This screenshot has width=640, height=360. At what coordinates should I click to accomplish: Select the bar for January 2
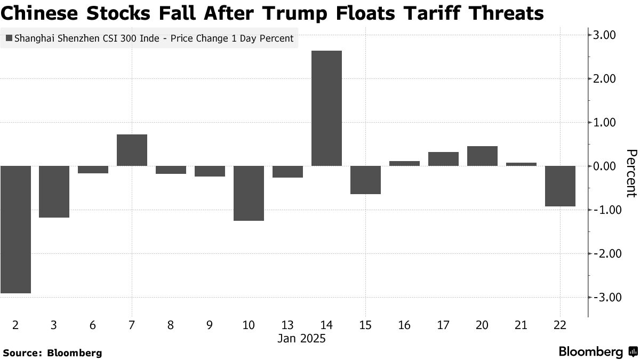15,229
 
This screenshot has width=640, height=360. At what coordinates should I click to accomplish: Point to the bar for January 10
249,193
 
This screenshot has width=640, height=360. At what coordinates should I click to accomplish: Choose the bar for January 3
54,191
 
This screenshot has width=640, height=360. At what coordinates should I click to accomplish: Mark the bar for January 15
365,180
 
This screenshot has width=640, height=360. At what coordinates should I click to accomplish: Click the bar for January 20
482,156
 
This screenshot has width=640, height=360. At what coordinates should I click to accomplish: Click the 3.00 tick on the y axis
605,35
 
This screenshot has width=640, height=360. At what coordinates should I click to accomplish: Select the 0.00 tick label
605,166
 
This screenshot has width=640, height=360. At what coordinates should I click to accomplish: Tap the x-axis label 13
287,325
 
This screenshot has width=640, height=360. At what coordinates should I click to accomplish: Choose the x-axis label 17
443,325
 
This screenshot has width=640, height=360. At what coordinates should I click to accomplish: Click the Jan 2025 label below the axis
301,339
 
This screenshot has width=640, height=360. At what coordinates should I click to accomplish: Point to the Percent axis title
631,173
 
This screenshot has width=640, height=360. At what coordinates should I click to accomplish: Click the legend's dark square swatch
9,38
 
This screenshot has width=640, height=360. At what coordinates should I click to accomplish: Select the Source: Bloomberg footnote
52,353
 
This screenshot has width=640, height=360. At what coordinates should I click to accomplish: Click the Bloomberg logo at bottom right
597,351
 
